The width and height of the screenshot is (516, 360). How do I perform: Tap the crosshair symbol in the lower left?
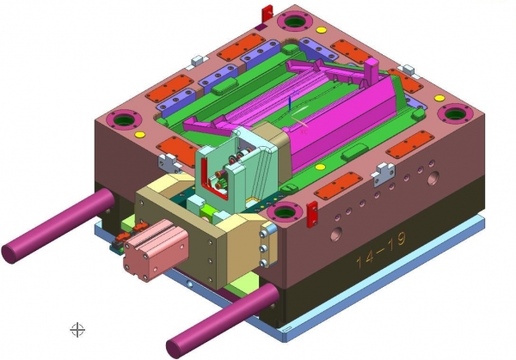[x=77, y=330]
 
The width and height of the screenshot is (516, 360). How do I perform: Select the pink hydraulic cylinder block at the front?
[x=156, y=252]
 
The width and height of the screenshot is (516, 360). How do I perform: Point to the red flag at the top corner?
[x=267, y=14]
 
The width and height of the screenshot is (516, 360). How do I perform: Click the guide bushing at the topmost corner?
[x=294, y=21]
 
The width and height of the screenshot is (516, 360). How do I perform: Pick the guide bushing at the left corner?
[x=124, y=120]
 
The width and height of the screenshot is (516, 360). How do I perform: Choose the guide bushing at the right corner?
[x=456, y=113]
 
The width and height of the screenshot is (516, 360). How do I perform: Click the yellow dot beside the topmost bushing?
[x=322, y=30]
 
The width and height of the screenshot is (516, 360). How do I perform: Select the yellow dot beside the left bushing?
[x=140, y=134]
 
